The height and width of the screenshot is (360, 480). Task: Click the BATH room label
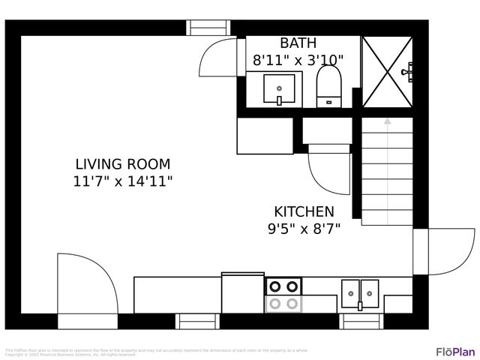298,43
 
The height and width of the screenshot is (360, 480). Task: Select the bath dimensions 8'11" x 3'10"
298,59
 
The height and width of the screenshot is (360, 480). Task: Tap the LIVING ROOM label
123,163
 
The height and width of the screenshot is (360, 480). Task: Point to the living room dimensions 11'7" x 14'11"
123,181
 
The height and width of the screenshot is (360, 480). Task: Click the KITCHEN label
304,211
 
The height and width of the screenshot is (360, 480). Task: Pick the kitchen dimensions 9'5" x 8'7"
304,229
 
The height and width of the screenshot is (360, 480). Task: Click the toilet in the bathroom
328,86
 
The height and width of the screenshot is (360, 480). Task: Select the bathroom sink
278,90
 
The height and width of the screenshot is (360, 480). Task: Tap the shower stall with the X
387,72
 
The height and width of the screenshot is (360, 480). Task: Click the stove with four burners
283,294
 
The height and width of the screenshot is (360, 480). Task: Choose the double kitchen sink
360,294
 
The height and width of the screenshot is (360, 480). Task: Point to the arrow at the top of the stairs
387,120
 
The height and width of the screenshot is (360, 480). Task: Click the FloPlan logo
455,351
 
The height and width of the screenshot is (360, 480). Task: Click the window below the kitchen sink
361,321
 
